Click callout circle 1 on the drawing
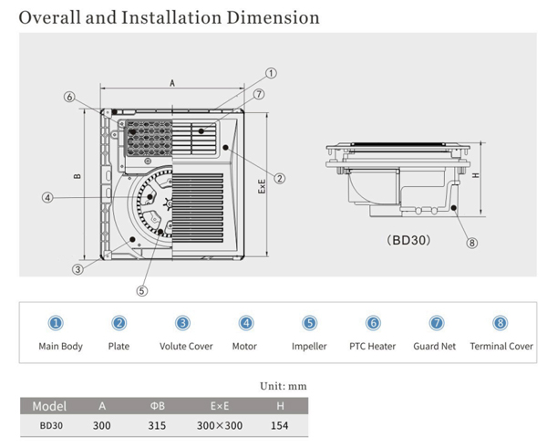coord(271,72)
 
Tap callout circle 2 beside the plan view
coord(280,178)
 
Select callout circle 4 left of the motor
coord(46,196)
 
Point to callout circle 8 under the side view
coord(471,243)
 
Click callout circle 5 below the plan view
coord(141,291)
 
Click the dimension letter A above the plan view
coord(171,82)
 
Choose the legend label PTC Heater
coord(372,347)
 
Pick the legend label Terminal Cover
coord(501,347)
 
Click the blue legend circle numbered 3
coord(183,323)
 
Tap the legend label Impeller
coord(309,347)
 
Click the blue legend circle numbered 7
coord(437,323)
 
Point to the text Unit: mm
coord(284,386)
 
